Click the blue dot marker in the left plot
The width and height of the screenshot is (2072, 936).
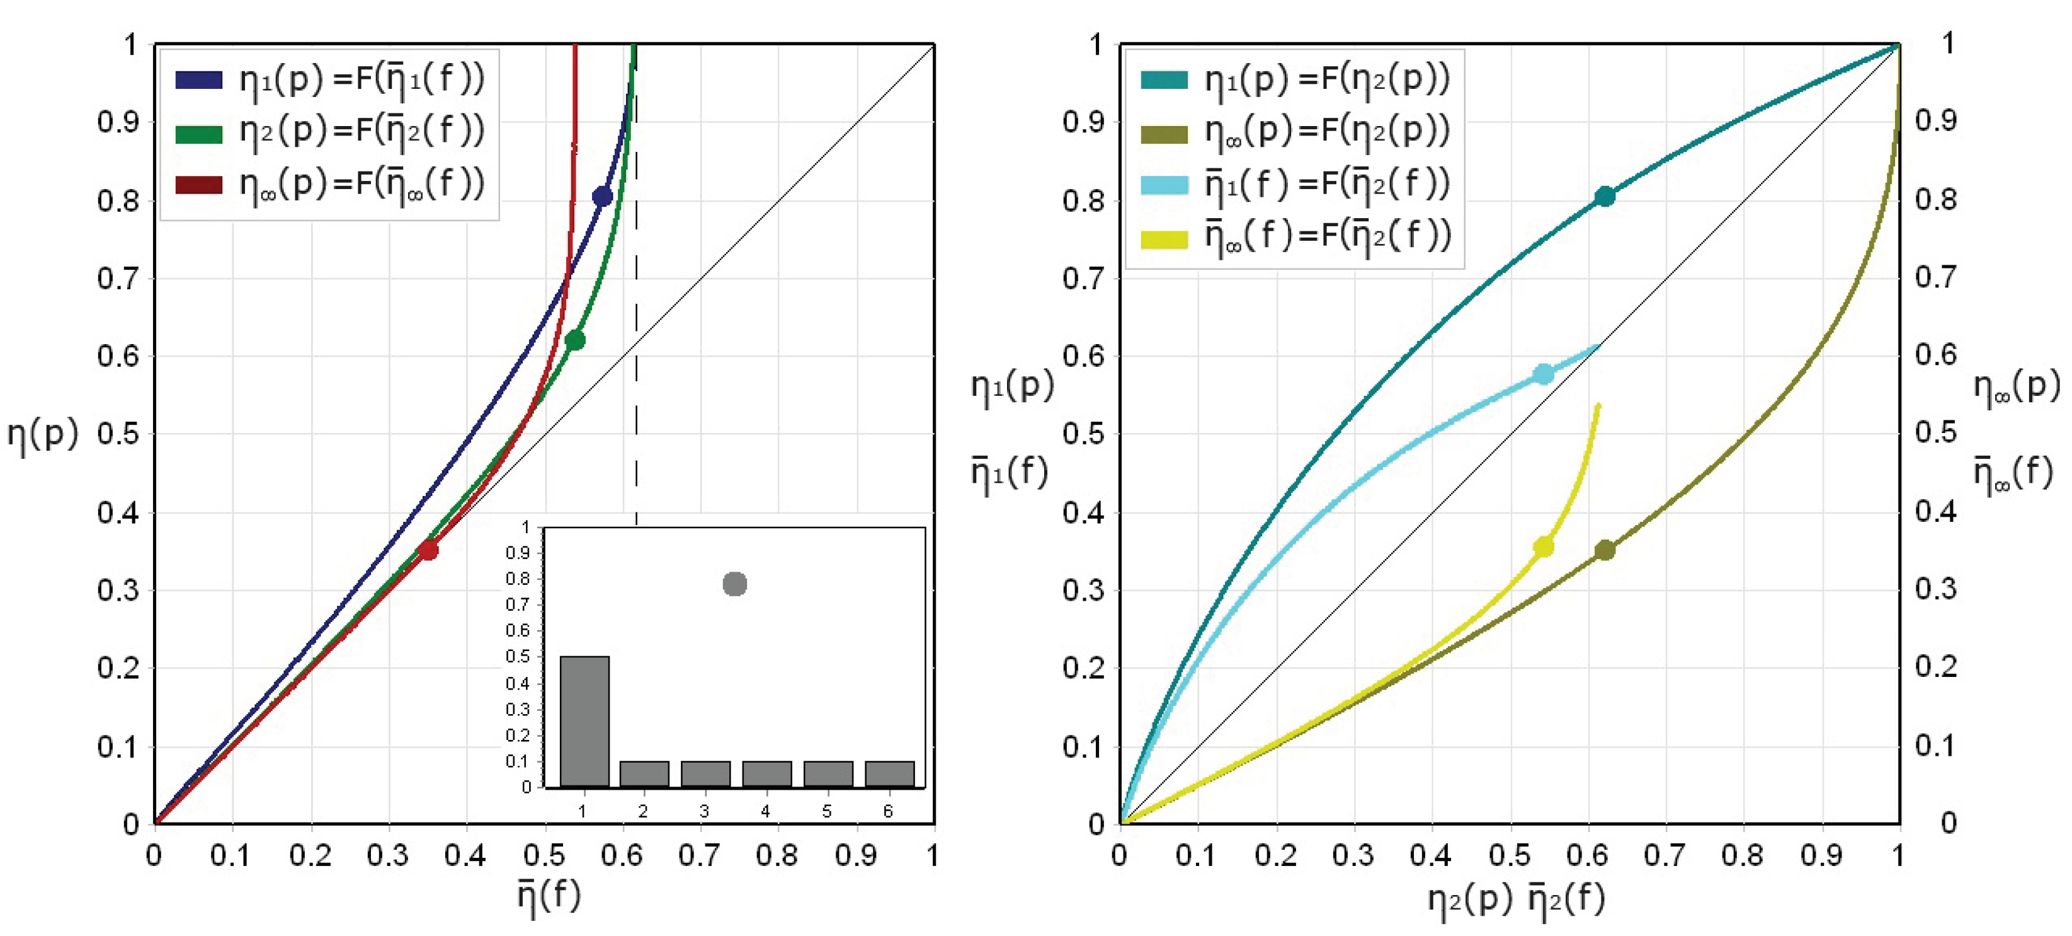coord(601,197)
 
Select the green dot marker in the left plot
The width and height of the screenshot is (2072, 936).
coord(574,340)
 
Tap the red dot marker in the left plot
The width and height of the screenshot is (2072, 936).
coord(428,550)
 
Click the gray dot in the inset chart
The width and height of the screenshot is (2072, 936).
coord(734,584)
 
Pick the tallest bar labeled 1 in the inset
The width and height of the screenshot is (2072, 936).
coord(585,720)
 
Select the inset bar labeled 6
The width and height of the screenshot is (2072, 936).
coord(890,773)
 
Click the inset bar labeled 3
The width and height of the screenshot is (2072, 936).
coord(705,773)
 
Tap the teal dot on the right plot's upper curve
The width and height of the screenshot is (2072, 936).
coord(1605,197)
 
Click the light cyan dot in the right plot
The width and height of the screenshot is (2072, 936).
coord(1543,374)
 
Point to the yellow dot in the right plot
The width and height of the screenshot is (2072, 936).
coord(1543,547)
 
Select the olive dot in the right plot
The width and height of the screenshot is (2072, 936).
coord(1605,550)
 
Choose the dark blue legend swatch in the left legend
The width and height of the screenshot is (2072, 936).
coord(198,79)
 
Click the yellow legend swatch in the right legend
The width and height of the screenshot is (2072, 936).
coord(1164,238)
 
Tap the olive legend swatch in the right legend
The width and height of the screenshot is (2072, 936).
coord(1164,133)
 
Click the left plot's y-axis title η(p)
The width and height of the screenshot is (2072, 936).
coord(42,436)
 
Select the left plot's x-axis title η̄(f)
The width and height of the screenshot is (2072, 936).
coord(549,896)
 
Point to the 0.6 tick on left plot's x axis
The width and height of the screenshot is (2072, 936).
coord(622,855)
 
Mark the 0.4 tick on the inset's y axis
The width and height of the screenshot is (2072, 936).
coord(517,683)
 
